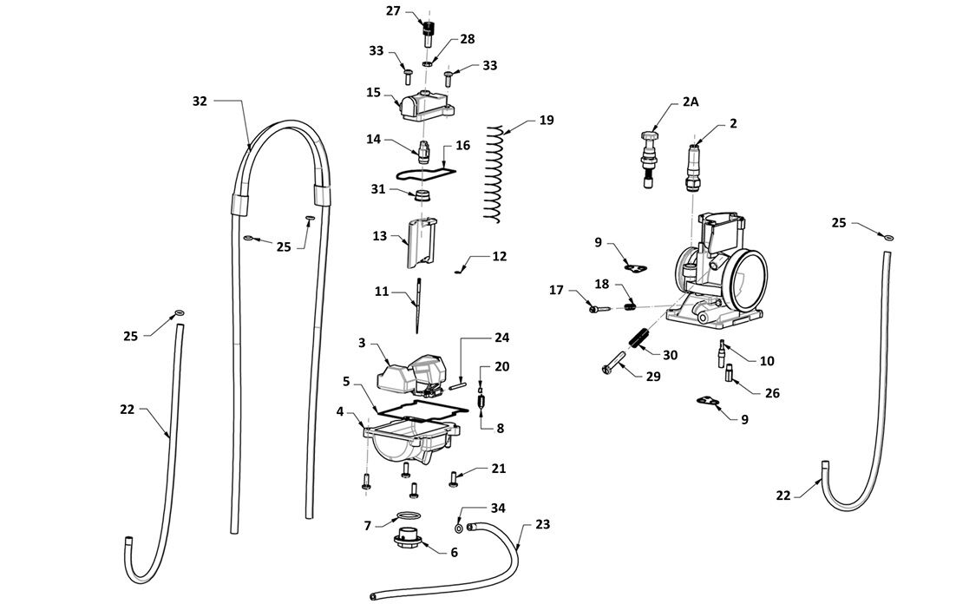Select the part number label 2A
click(x=690, y=102)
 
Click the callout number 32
click(x=200, y=102)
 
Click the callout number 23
click(x=542, y=524)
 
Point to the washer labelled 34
click(x=458, y=526)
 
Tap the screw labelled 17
click(x=599, y=306)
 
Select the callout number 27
click(x=393, y=11)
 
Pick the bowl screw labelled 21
click(x=454, y=475)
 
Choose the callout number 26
click(x=771, y=393)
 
